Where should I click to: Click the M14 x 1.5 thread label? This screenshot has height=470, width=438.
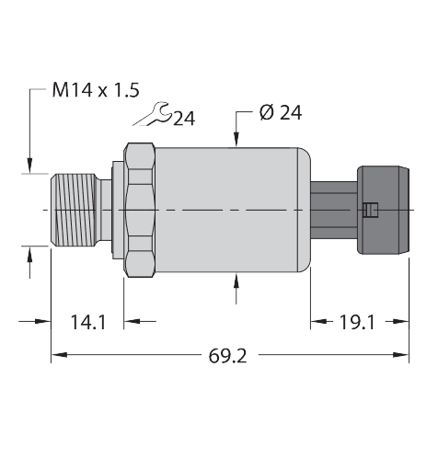(x=96, y=90)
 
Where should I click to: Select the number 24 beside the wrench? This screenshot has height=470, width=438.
(x=183, y=119)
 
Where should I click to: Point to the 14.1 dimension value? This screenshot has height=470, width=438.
(x=88, y=322)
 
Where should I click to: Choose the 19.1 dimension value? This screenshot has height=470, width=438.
(x=356, y=322)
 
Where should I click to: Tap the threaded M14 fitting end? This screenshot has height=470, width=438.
(x=78, y=212)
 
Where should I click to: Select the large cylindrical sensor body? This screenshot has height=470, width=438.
(x=230, y=212)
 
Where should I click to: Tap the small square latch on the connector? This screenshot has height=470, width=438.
(x=369, y=211)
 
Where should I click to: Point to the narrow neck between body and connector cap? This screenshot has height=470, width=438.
(x=331, y=210)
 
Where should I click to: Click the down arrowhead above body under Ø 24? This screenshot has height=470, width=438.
(x=238, y=141)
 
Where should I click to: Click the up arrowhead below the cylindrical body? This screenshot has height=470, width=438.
(x=238, y=281)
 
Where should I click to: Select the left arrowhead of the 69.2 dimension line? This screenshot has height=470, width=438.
(x=56, y=354)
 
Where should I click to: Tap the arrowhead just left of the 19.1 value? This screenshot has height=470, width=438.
(x=321, y=322)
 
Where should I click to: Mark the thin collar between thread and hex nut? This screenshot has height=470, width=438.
(x=117, y=212)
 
